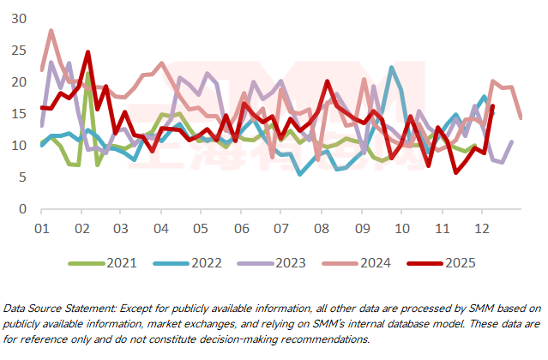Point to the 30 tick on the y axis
click(x=19, y=19)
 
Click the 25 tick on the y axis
click(x=19, y=51)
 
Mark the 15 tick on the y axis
click(x=19, y=114)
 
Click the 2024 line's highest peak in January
click(x=51, y=31)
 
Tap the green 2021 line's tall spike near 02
click(x=88, y=73)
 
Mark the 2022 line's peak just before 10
click(x=392, y=68)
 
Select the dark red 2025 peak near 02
click(x=87, y=52)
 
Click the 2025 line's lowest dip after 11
click(x=455, y=172)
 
